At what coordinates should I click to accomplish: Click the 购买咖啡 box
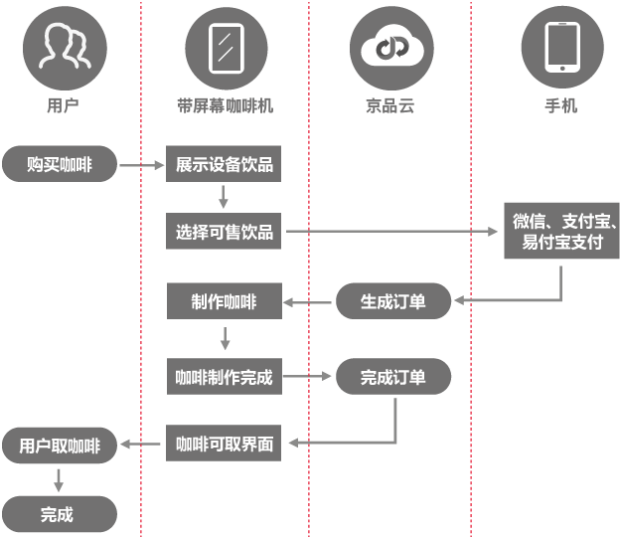pyautogui.click(x=60, y=165)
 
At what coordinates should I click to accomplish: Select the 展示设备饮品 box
pyautogui.click(x=225, y=165)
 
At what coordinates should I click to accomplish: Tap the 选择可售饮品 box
pyautogui.click(x=225, y=233)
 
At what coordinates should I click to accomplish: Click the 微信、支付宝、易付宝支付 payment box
pyautogui.click(x=562, y=231)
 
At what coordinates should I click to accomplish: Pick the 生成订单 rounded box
pyautogui.click(x=392, y=301)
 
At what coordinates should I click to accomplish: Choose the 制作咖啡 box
pyautogui.click(x=225, y=301)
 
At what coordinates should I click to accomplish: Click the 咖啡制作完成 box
pyautogui.click(x=225, y=377)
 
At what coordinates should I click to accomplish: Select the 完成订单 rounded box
pyautogui.click(x=392, y=377)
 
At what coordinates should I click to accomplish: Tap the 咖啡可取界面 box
pyautogui.click(x=225, y=445)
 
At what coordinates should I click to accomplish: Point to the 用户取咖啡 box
pyautogui.click(x=60, y=446)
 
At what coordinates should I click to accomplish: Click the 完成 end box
pyautogui.click(x=58, y=514)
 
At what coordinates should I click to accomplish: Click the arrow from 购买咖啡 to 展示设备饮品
pyautogui.click(x=142, y=166)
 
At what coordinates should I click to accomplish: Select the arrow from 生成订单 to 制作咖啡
pyautogui.click(x=308, y=301)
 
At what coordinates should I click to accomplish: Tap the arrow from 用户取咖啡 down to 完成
pyautogui.click(x=59, y=479)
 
